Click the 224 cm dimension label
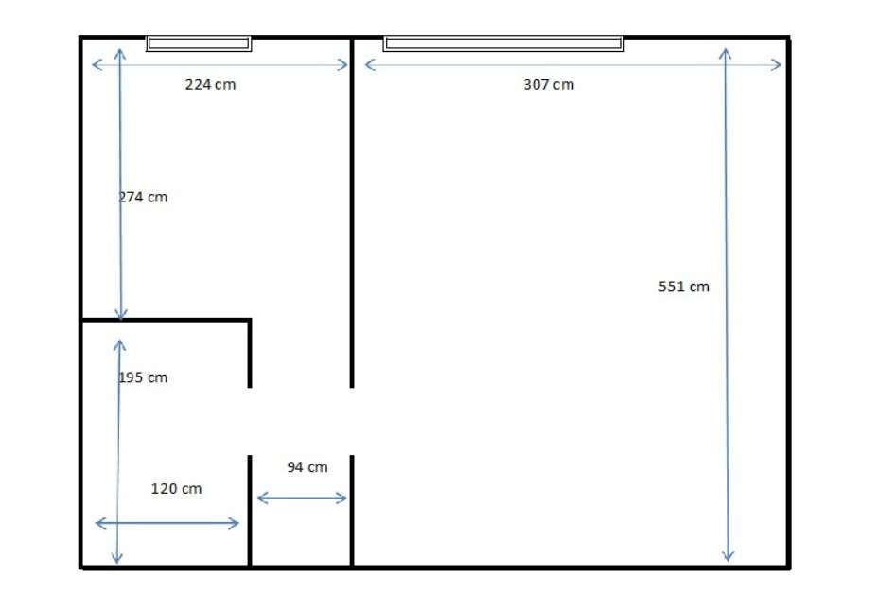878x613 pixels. (210, 84)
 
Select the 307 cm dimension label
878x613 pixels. (549, 84)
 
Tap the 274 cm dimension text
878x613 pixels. (143, 197)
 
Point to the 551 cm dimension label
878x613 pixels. (683, 286)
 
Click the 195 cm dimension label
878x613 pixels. (143, 377)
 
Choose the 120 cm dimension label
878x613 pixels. (177, 489)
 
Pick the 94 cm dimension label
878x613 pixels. (307, 466)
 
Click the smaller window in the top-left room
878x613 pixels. (199, 43)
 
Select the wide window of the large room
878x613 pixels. (503, 43)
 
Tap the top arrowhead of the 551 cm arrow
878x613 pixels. (725, 53)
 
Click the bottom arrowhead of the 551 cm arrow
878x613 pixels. (728, 557)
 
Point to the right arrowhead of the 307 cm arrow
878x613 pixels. (777, 64)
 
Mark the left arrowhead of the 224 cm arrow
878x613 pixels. (96, 64)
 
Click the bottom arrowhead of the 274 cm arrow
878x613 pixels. (121, 315)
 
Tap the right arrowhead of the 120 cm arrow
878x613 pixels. (236, 523)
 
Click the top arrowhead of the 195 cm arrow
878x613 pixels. (119, 344)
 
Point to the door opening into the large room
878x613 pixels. (352, 421)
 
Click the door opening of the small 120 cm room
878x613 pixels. (250, 421)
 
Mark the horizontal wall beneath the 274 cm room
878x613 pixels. (166, 321)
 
